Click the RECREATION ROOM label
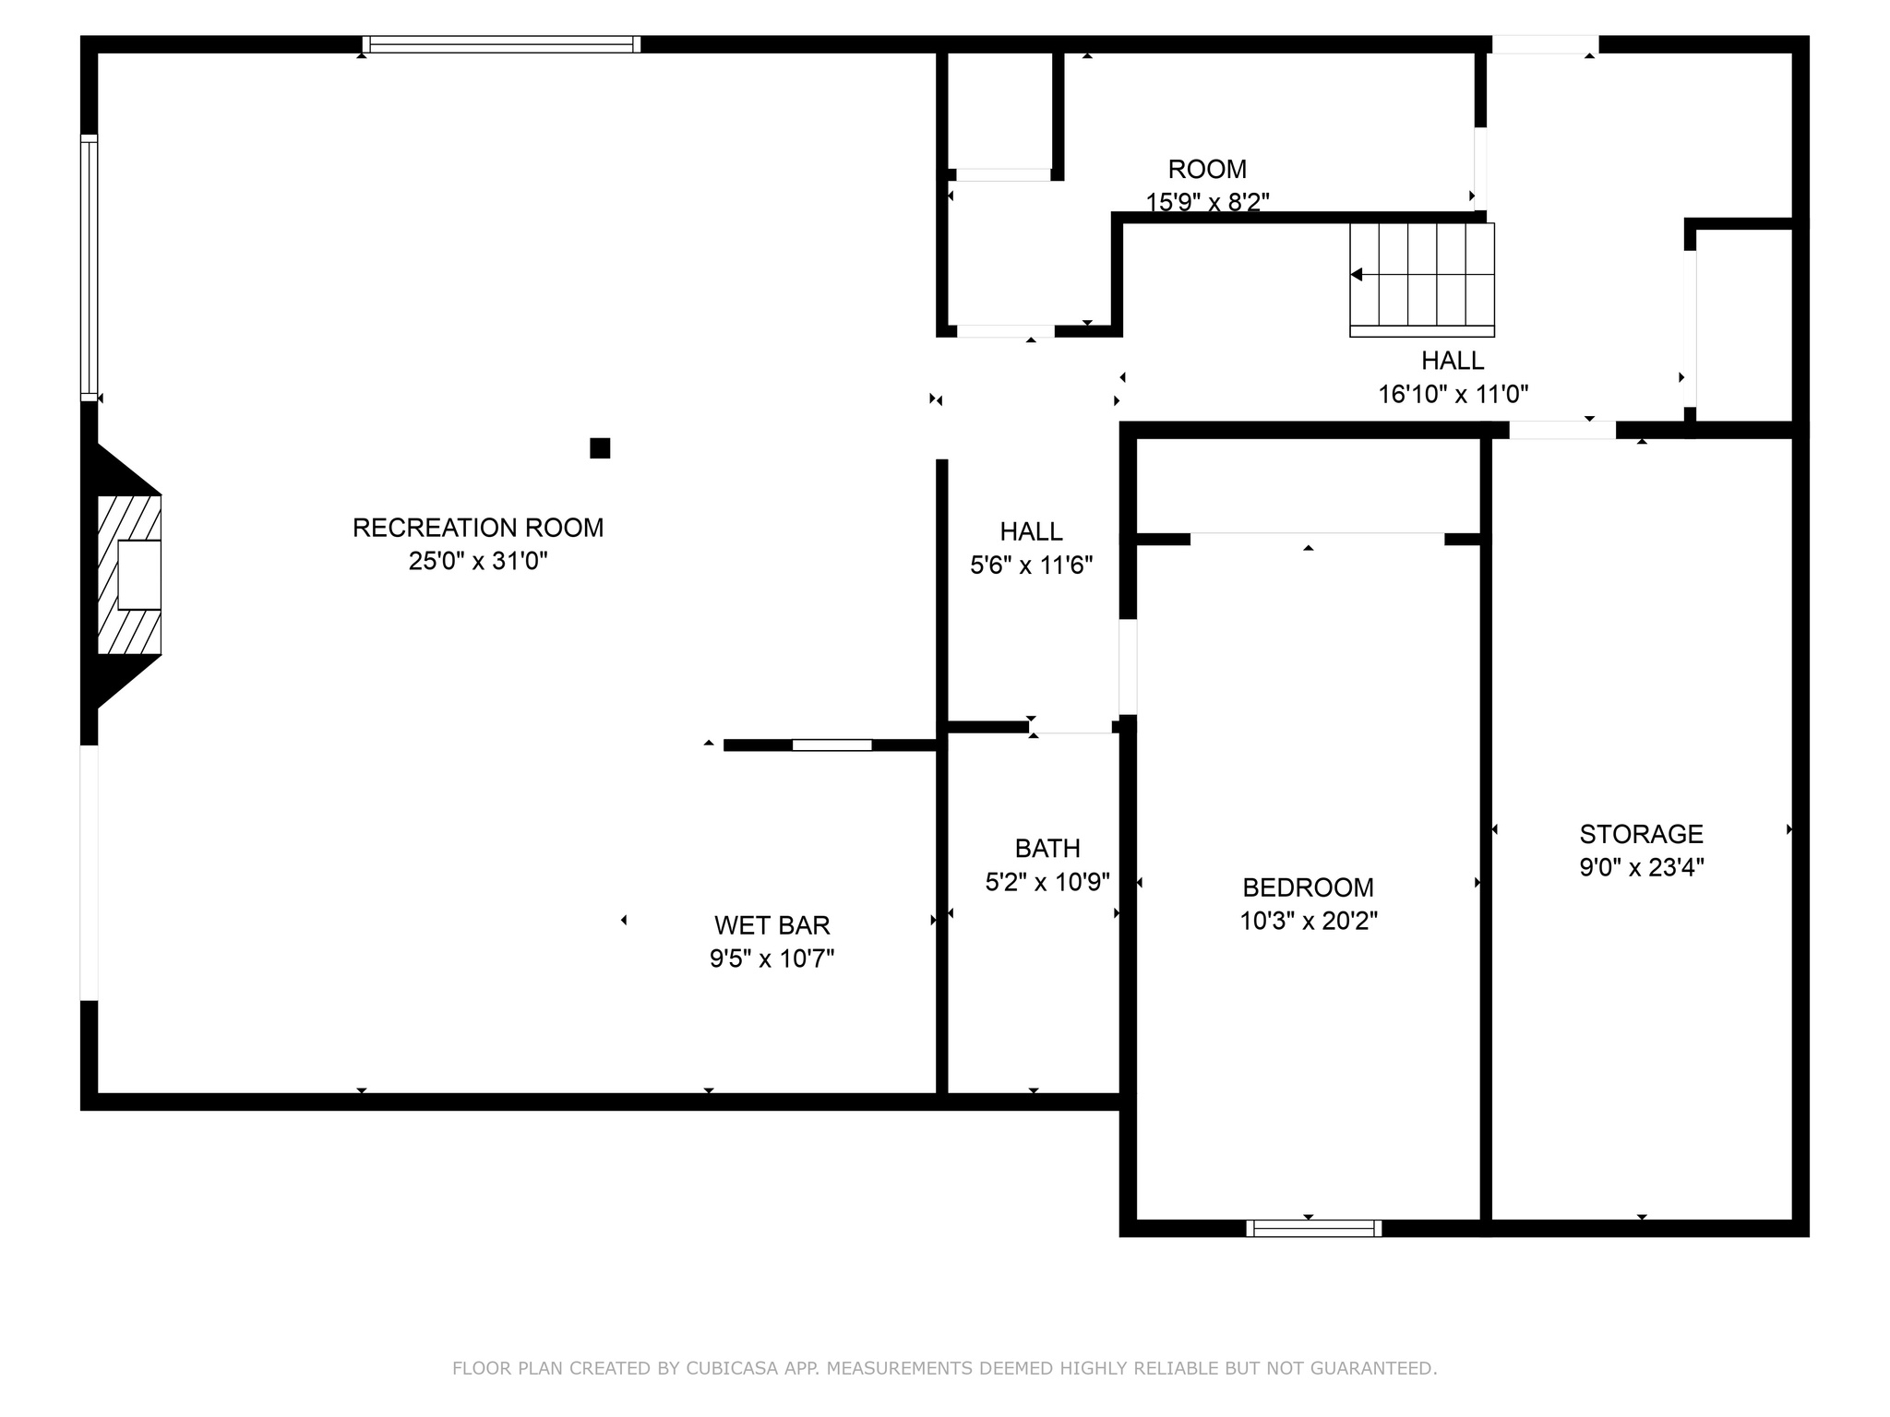point(477,528)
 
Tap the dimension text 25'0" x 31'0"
point(477,561)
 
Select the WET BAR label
point(772,925)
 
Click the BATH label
point(1047,849)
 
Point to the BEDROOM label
point(1308,887)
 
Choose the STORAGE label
point(1641,834)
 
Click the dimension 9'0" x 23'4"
point(1641,867)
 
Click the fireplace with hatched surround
point(130,575)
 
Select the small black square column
point(600,448)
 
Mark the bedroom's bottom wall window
point(1313,1228)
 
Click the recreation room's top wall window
point(501,44)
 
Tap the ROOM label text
point(1207,170)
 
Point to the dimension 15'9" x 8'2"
point(1207,202)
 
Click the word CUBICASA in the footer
point(729,1368)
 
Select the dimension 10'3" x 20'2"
point(1308,921)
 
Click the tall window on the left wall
point(89,268)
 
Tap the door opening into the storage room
point(1561,430)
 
